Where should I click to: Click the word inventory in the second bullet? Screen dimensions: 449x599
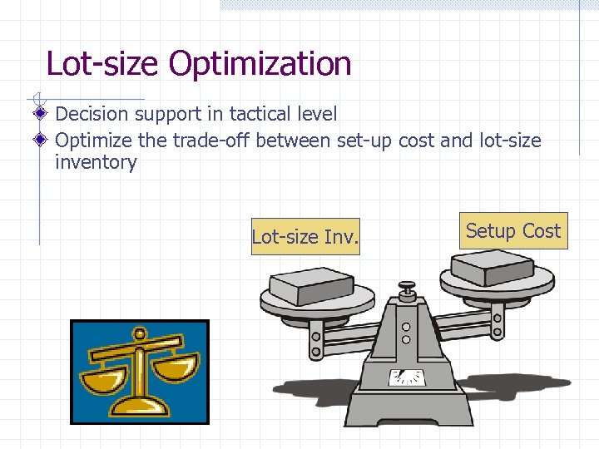(96, 162)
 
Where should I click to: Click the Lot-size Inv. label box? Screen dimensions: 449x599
(305, 237)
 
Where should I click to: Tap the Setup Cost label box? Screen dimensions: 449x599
(512, 231)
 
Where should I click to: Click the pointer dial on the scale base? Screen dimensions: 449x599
(407, 377)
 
